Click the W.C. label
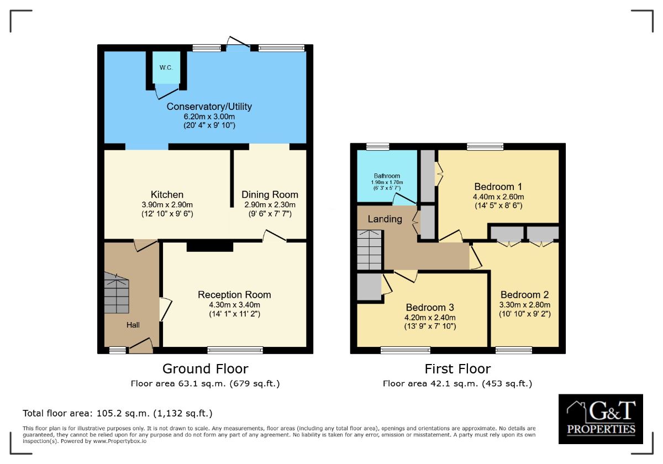coord(166,68)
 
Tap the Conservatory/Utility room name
coord(209,107)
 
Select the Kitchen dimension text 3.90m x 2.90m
coord(167,204)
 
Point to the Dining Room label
coord(270,194)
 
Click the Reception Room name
coord(234,294)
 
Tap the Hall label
coord(133,325)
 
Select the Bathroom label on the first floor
coord(387,176)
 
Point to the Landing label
coord(385,219)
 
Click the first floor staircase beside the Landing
coord(369,250)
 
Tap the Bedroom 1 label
coord(498,187)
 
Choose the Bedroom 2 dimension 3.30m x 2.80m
coord(525,305)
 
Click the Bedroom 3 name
coord(430,308)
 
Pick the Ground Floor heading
coord(205,369)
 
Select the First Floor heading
coord(457,369)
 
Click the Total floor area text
coord(118,413)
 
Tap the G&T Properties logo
coord(601,419)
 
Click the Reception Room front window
coord(235,350)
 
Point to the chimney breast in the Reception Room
coord(210,247)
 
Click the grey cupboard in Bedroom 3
coord(369,287)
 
